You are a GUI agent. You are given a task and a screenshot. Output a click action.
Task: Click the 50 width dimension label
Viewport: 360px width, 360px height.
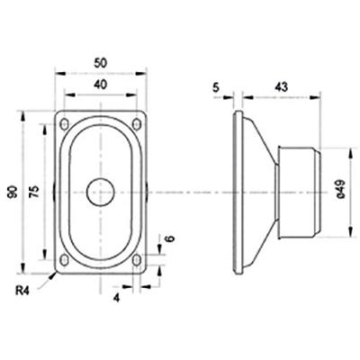pos(101,63)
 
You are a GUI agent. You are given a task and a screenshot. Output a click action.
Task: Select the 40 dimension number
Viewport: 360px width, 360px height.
pos(101,85)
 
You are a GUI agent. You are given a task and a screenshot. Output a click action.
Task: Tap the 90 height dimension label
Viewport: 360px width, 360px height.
pos(13,192)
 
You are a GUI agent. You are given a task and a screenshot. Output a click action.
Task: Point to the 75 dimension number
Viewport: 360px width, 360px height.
pos(34,192)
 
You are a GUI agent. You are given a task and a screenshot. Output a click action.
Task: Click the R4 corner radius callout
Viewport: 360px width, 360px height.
pos(23,291)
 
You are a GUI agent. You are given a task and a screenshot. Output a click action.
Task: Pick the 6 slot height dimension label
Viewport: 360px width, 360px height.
pos(170,238)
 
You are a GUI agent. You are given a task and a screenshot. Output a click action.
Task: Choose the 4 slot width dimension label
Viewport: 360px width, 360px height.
pos(116,298)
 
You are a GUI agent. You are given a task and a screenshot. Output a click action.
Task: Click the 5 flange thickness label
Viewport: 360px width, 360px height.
pos(216,87)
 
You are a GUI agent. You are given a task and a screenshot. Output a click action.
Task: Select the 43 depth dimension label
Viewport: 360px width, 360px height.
pos(281,87)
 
